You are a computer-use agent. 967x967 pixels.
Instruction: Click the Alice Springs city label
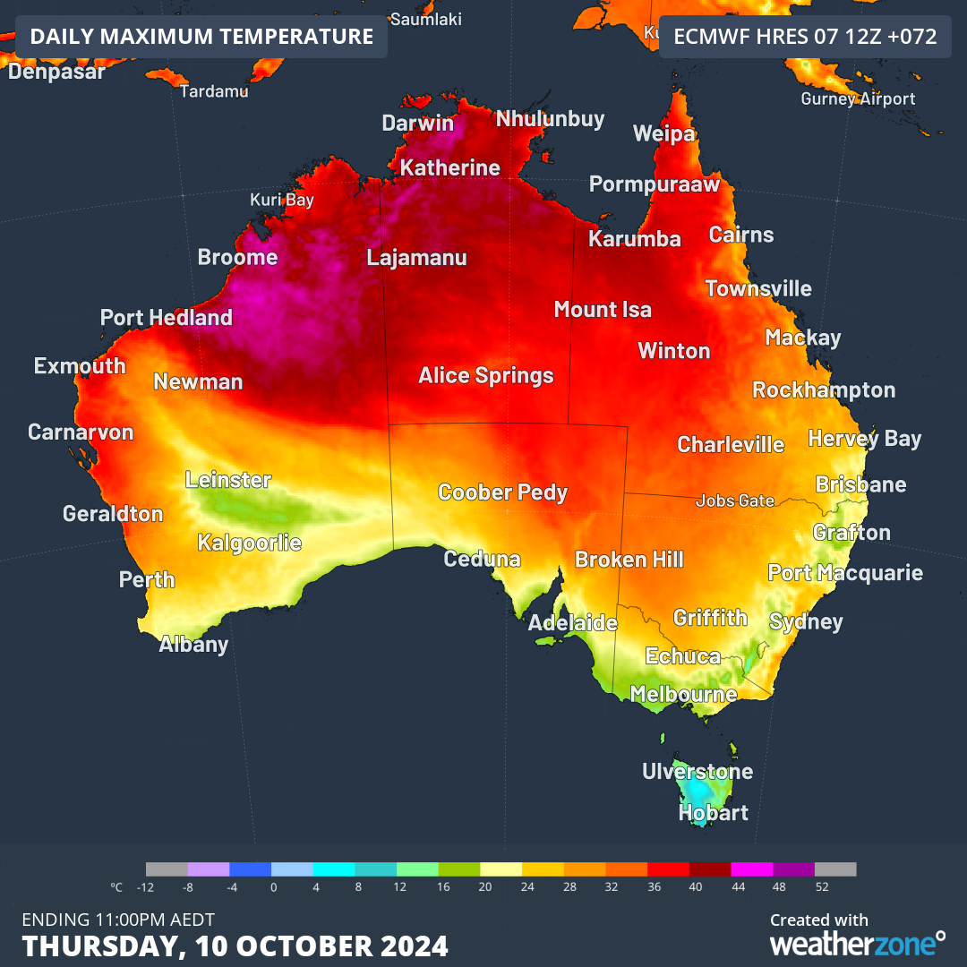point(486,375)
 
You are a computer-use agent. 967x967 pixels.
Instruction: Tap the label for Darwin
point(418,124)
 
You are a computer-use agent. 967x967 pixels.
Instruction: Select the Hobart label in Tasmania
point(713,813)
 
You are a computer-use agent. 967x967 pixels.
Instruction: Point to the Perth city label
point(147,579)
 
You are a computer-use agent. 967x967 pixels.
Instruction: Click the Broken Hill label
point(629,560)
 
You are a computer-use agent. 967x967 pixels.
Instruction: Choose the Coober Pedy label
point(502,492)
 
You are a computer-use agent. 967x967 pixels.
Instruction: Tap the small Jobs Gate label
point(735,501)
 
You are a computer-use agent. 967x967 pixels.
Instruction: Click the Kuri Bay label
point(281,200)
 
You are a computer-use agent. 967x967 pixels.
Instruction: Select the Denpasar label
point(56,72)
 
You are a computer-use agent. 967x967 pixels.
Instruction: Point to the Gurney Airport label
point(858,98)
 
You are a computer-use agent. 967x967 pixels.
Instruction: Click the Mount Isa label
point(603,310)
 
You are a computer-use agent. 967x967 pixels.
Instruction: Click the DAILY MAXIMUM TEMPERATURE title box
point(201,37)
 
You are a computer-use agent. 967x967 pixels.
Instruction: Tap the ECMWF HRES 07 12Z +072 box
point(805,37)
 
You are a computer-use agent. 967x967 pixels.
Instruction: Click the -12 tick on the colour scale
point(146,887)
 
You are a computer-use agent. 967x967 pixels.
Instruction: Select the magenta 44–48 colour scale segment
point(752,869)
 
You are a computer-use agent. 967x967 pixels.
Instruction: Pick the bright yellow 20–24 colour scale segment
point(501,869)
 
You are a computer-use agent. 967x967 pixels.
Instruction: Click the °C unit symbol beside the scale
point(116,887)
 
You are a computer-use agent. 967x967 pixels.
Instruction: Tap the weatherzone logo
point(857,942)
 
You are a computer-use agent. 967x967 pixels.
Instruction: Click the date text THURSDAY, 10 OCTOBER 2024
point(235,946)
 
